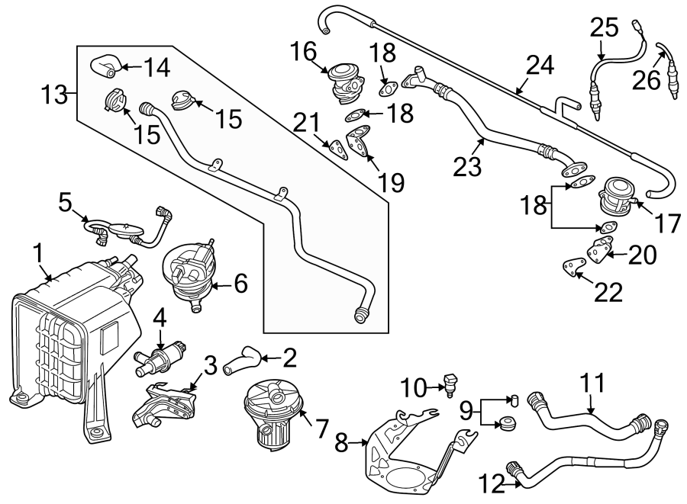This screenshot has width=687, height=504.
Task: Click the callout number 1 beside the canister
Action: pos(38,252)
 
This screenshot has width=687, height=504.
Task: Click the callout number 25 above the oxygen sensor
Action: pos(605,28)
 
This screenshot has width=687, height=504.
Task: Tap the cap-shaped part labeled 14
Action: pos(103,67)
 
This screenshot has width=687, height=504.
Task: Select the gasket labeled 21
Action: pos(336,147)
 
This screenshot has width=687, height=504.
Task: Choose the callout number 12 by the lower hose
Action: pos(490,483)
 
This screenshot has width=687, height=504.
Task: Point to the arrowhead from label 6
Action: pos(214,286)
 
